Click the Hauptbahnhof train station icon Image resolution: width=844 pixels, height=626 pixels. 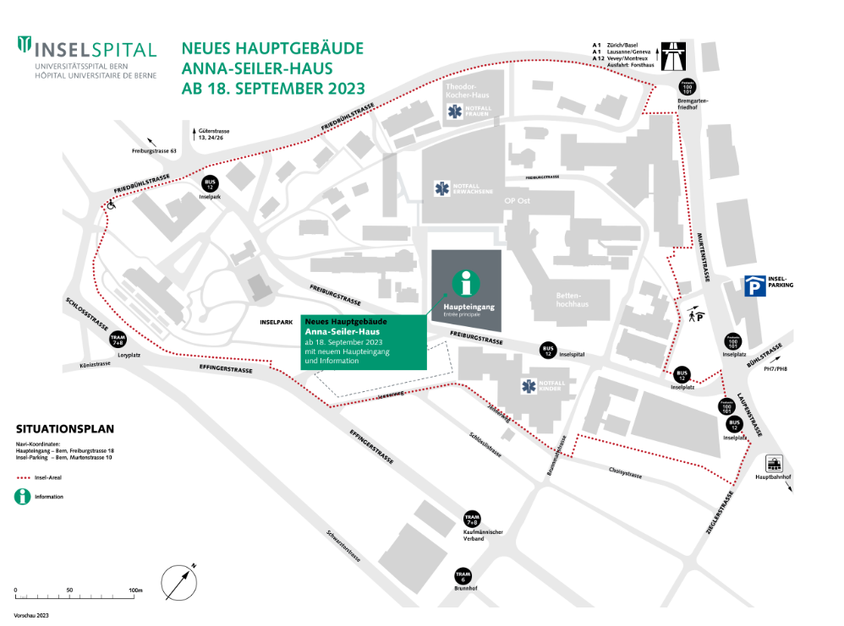772,464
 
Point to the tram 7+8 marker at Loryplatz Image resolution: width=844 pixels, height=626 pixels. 118,340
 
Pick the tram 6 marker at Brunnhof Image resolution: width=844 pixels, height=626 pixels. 463,576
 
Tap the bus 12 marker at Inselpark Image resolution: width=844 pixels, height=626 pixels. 210,184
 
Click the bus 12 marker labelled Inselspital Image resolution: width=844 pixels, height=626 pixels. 548,351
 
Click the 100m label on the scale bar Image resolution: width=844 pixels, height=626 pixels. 134,590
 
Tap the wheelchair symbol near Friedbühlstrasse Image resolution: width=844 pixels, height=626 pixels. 110,204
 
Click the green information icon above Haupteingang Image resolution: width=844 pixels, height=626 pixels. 466,282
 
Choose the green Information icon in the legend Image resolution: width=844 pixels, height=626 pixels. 22,497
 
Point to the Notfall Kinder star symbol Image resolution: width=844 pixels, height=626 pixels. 529,387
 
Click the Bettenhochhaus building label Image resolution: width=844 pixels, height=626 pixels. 572,300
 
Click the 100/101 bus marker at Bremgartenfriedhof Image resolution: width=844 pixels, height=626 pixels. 686,88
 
